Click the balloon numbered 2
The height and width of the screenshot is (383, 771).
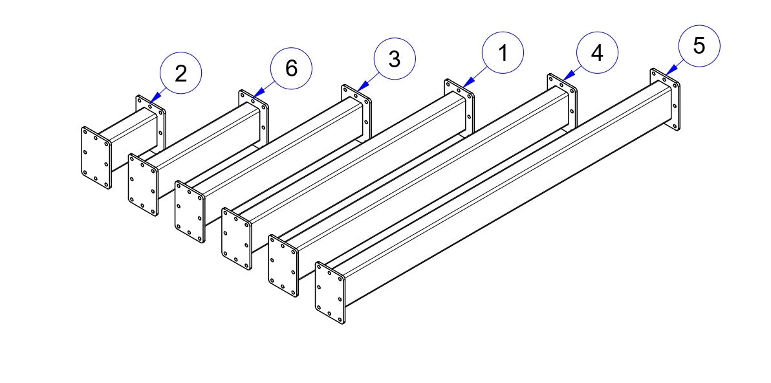[x=180, y=72]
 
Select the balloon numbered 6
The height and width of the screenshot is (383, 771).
[x=291, y=67]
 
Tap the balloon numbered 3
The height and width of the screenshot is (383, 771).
[x=395, y=59]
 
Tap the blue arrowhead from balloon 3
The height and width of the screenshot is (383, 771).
[x=360, y=86]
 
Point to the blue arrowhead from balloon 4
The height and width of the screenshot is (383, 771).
[x=565, y=77]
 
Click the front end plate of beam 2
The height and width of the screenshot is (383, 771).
[x=96, y=158]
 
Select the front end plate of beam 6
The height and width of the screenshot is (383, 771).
[x=143, y=185]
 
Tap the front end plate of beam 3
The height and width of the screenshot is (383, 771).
[x=190, y=212]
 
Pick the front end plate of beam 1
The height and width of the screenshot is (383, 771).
[x=236, y=239]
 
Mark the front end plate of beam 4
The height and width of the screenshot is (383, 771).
[x=283, y=266]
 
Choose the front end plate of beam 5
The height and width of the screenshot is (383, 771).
[x=329, y=293]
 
